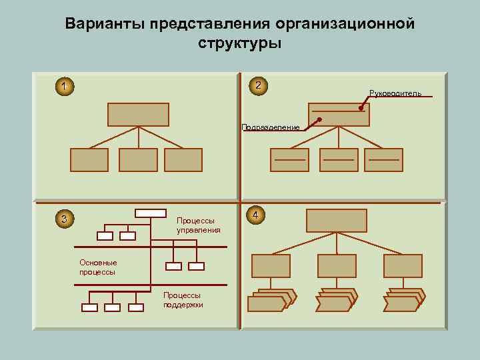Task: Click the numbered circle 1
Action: click(63, 87)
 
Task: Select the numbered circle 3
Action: click(63, 219)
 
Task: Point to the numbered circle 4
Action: click(257, 215)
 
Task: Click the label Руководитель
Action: click(395, 93)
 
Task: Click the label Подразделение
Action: click(271, 127)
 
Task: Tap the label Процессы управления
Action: click(198, 225)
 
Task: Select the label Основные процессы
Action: click(98, 267)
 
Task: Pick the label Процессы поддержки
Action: click(183, 299)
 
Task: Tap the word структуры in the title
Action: click(239, 44)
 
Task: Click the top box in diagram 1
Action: click(138, 114)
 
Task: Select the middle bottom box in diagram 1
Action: click(138, 160)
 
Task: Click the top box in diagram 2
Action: click(339, 114)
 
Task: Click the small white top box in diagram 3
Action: click(150, 213)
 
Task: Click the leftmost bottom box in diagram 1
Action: click(89, 160)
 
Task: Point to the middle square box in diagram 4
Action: click(337, 266)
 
